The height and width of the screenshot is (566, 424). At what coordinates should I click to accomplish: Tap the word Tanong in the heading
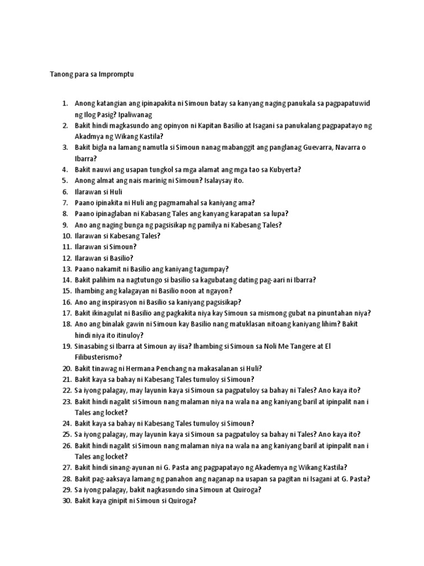click(x=61, y=74)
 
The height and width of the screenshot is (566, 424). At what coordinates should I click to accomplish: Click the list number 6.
click(x=64, y=192)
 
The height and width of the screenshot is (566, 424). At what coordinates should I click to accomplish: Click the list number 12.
click(x=66, y=258)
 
